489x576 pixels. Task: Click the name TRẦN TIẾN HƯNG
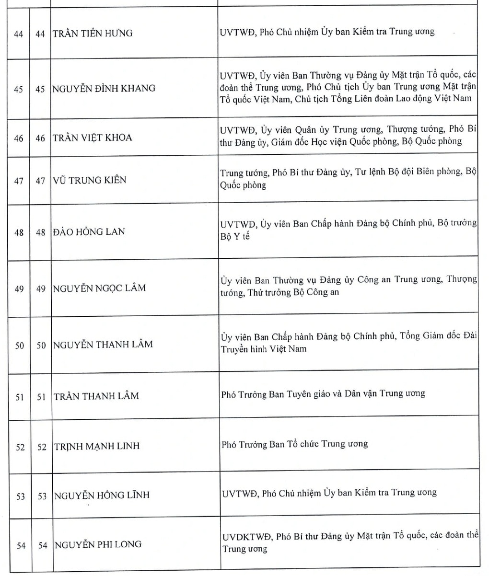pyautogui.click(x=93, y=34)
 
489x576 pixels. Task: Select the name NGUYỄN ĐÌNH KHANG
pyautogui.click(x=104, y=88)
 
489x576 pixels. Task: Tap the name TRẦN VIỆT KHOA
pyautogui.click(x=93, y=138)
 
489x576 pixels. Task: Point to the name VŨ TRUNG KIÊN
pyautogui.click(x=90, y=180)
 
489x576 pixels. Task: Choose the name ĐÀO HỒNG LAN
pyautogui.click(x=89, y=232)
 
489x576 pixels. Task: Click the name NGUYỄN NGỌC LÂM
pyautogui.click(x=99, y=288)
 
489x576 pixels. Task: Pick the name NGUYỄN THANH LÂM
pyautogui.click(x=103, y=344)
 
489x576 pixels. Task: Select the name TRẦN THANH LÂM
pyautogui.click(x=96, y=396)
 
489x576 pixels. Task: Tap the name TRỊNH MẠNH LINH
pyautogui.click(x=96, y=446)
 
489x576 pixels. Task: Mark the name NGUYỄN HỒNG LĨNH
pyautogui.click(x=101, y=495)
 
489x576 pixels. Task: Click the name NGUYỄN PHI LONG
pyautogui.click(x=98, y=544)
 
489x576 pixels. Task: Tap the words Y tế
pyautogui.click(x=242, y=237)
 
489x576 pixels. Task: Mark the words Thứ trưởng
pyautogui.click(x=269, y=292)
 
